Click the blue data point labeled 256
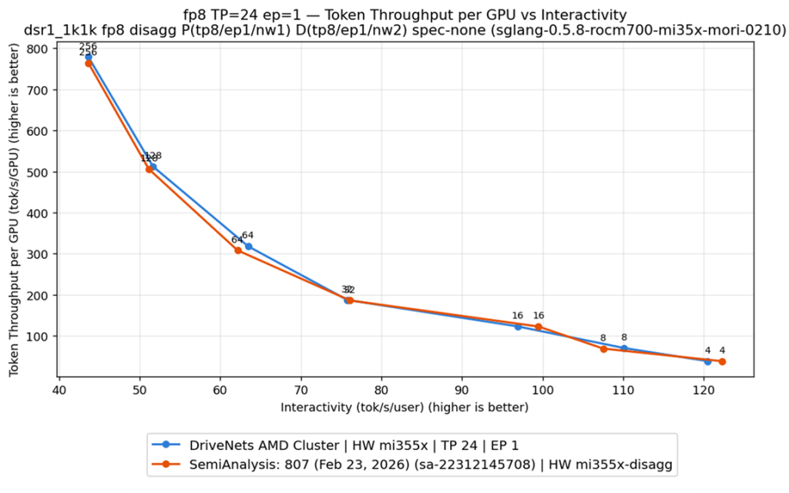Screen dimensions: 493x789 [x=89, y=57]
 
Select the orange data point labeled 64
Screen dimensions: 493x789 [x=238, y=250]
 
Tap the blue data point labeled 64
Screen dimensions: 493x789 [x=248, y=246]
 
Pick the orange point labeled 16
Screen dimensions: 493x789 [x=539, y=327]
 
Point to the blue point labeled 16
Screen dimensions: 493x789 [x=518, y=327]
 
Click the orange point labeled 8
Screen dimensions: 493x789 [x=603, y=349]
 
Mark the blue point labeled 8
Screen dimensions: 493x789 [x=624, y=348]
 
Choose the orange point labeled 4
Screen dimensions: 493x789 [x=722, y=361]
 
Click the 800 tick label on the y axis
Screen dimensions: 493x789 [x=37, y=49]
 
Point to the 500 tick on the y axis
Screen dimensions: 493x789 [x=37, y=172]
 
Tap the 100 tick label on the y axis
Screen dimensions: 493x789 [x=37, y=337]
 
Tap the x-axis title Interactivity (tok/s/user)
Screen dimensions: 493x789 [x=405, y=407]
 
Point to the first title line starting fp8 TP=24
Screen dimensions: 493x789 [x=405, y=15]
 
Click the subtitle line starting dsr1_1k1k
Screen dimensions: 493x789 [x=405, y=30]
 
